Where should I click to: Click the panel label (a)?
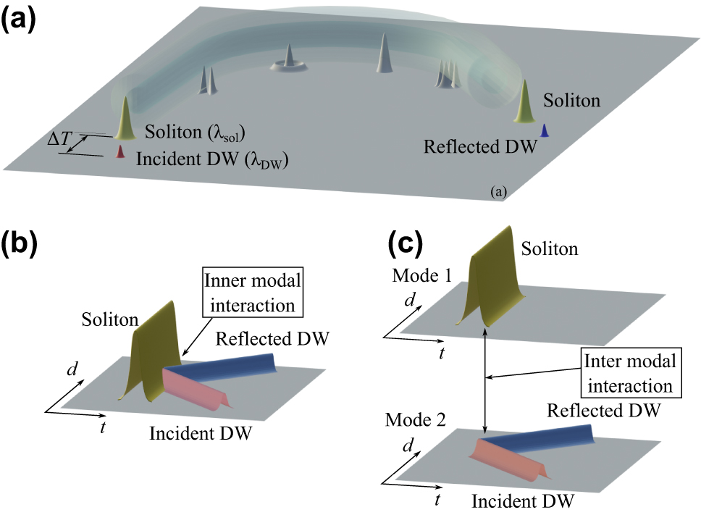23,19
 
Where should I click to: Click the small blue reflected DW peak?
545,130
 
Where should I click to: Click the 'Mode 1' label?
418,277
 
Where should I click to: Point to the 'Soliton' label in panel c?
550,249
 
